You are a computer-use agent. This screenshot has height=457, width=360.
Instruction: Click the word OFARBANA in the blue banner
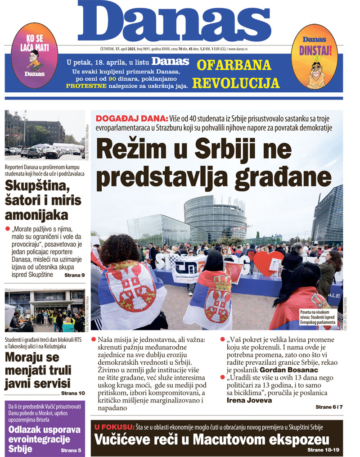234,65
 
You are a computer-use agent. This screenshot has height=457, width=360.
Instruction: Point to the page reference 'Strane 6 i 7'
329,407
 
